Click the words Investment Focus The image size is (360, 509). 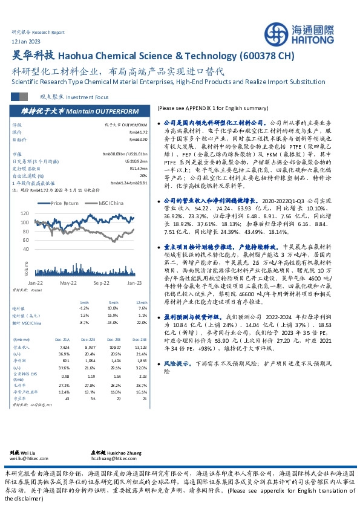pos(88,97)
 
